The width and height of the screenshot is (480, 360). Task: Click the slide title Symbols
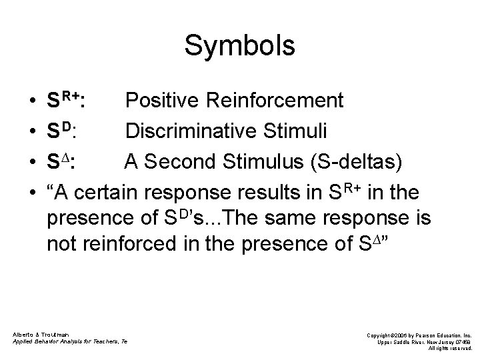239,46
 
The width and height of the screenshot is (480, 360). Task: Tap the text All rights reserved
451,349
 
